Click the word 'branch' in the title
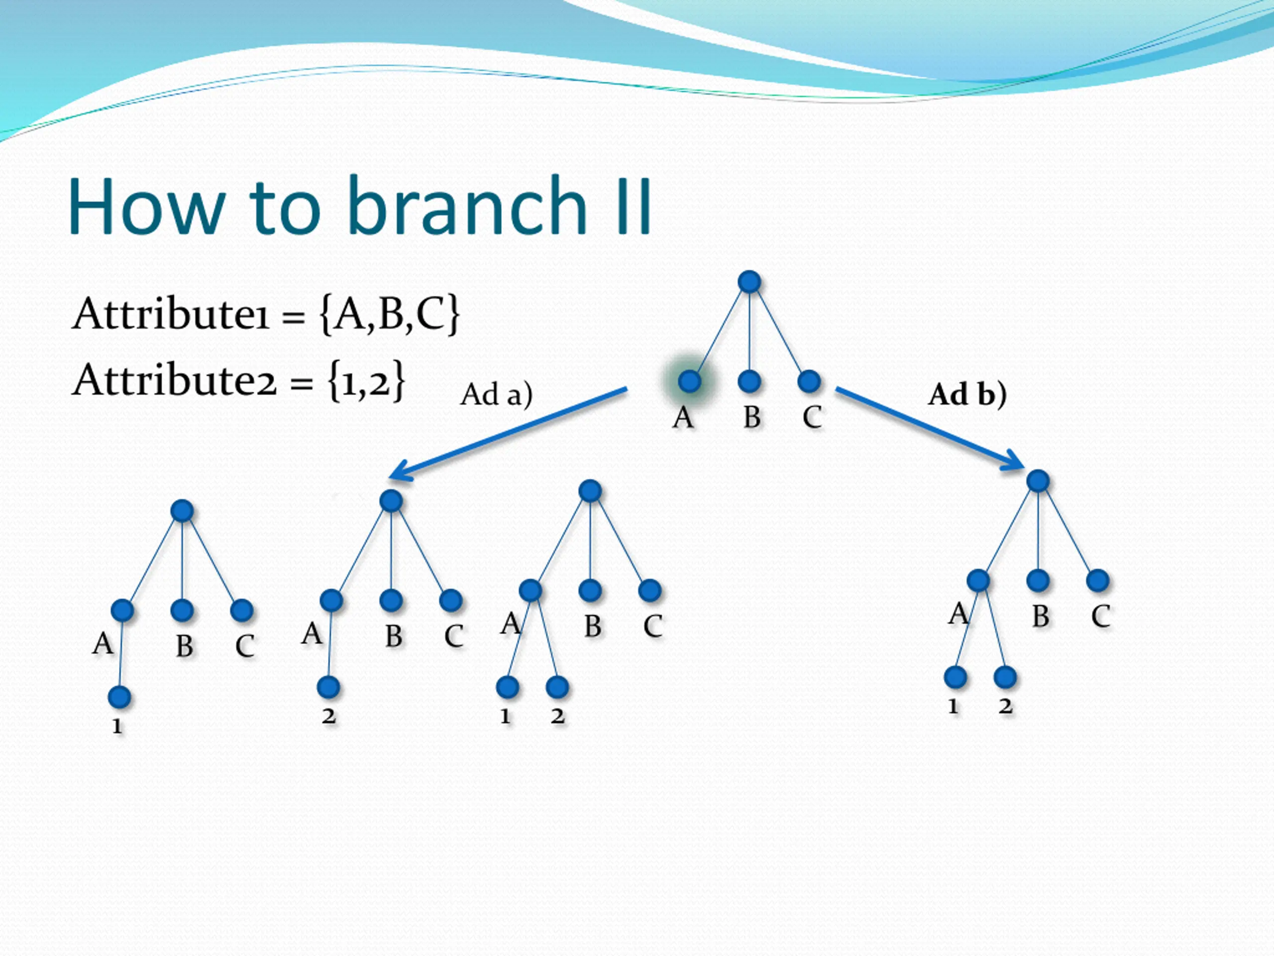click(466, 206)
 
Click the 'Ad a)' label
click(496, 395)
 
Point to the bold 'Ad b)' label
click(967, 395)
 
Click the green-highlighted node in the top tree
click(689, 381)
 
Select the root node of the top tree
click(749, 282)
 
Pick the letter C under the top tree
click(812, 417)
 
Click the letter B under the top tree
click(751, 417)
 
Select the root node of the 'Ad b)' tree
click(1038, 480)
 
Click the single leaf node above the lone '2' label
click(328, 687)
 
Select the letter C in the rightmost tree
click(1100, 616)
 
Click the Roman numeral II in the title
click(634, 206)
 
